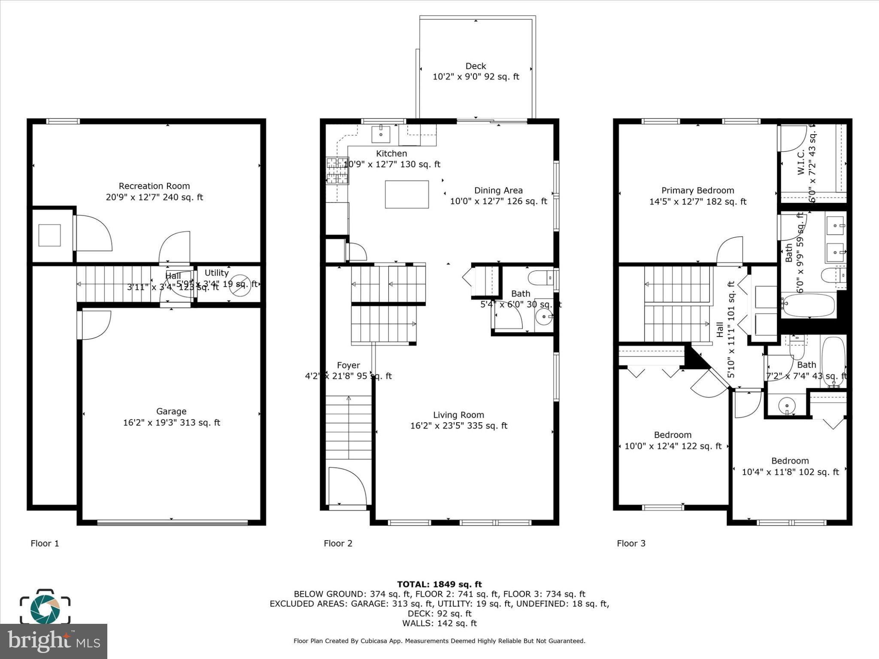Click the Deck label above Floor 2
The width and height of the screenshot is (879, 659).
(476, 66)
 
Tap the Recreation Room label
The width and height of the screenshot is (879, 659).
(154, 186)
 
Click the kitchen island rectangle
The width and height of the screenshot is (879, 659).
(406, 194)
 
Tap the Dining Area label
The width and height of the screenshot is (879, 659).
(498, 190)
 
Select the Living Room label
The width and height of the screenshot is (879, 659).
(458, 415)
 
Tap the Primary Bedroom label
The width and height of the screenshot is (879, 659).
(697, 190)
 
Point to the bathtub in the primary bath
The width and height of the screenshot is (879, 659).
(807, 305)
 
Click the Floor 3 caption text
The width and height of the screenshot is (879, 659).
(631, 544)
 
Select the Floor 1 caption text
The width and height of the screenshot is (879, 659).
(45, 544)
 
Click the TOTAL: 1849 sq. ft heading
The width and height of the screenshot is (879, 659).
(439, 584)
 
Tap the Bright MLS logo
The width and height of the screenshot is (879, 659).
(54, 641)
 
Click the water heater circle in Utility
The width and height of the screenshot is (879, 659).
(239, 285)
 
